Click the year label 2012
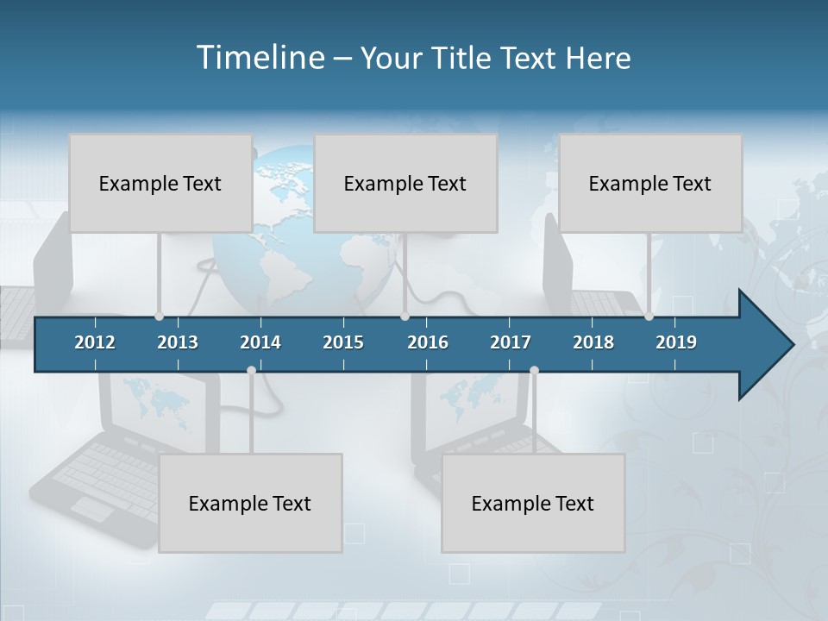point(95,342)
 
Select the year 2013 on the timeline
point(178,342)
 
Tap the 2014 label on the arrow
point(260,342)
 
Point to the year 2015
point(343,342)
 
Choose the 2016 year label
point(428,342)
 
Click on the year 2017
point(511,342)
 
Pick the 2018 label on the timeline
point(593,342)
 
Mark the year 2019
point(676,342)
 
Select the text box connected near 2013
point(160,183)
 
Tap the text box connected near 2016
point(405,183)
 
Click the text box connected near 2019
point(650,183)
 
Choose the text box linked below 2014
point(250,503)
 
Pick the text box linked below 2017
point(533,503)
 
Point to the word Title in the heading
point(466,58)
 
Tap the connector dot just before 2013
point(159,317)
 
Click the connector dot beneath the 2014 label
point(251,370)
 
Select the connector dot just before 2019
point(649,317)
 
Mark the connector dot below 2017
point(534,370)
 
